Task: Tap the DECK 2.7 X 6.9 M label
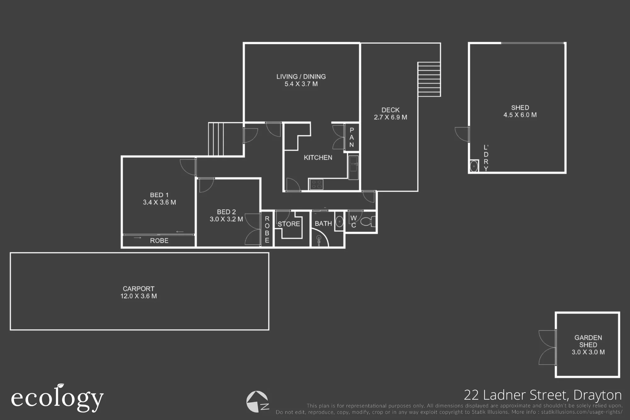tap(391, 114)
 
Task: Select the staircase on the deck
tap(429, 79)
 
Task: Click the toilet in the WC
tap(368, 222)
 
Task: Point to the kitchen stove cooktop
tap(316, 184)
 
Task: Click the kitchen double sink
tap(353, 167)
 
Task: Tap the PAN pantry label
tap(352, 137)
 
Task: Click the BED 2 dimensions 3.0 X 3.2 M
tap(226, 219)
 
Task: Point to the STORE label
tap(289, 224)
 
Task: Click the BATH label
tap(324, 223)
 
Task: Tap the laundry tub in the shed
tap(474, 166)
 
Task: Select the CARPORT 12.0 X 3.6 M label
tap(139, 292)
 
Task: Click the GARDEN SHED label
tap(588, 341)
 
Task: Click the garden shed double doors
tap(547, 348)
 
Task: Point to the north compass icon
tap(258, 402)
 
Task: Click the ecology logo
tap(57, 398)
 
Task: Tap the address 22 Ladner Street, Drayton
tap(543, 395)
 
